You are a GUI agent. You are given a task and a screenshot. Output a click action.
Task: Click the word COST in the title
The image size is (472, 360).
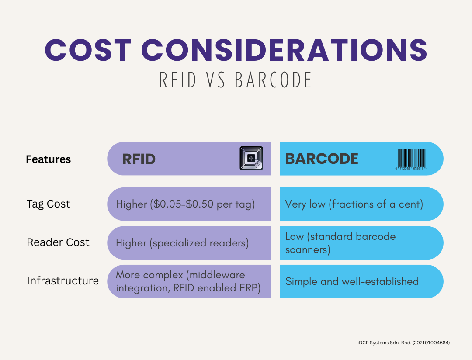click(88, 50)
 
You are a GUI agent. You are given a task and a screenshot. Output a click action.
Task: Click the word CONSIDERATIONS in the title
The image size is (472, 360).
click(284, 50)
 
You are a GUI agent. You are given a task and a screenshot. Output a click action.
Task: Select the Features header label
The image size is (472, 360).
click(48, 159)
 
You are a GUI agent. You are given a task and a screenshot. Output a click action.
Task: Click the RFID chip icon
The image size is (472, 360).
click(251, 158)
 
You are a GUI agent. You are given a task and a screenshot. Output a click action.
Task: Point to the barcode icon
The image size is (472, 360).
click(411, 159)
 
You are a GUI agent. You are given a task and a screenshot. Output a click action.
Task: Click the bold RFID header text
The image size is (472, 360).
click(139, 159)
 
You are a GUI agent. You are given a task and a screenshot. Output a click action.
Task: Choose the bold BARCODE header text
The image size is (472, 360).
click(322, 159)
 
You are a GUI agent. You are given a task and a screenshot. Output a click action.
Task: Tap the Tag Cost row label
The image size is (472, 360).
click(48, 204)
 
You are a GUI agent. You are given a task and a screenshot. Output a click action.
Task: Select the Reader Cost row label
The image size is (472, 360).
click(58, 242)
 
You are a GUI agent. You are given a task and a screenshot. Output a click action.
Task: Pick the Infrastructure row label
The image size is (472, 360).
click(62, 280)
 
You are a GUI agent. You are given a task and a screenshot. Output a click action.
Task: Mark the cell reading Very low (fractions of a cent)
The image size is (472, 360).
click(354, 204)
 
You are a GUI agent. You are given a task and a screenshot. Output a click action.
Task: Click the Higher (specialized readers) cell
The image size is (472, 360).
click(182, 243)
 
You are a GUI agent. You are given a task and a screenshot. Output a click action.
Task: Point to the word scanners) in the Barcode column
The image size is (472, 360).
click(308, 250)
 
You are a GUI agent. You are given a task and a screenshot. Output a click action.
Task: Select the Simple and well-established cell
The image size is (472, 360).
click(352, 281)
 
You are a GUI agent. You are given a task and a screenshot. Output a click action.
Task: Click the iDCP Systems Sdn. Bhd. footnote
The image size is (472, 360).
click(404, 343)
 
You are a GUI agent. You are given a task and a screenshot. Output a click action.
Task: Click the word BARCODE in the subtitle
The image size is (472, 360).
click(273, 80)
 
